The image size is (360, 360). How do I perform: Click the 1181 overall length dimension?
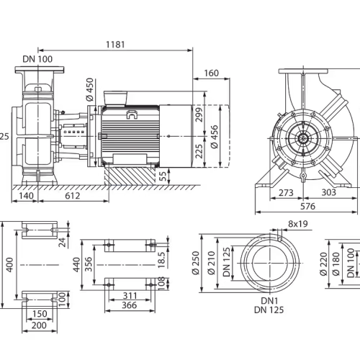click(115, 45)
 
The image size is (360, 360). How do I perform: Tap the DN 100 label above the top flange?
click(37, 59)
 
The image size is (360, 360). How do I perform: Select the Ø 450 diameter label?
click(89, 89)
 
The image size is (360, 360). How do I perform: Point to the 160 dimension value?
click(212, 73)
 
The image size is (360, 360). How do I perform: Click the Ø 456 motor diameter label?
click(215, 137)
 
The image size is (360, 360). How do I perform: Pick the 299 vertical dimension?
click(199, 114)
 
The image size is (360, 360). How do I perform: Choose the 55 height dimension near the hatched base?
click(163, 176)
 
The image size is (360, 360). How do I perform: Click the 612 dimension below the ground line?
click(73, 196)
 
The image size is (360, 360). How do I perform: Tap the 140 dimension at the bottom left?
click(26, 196)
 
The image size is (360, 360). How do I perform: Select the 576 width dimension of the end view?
click(308, 206)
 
